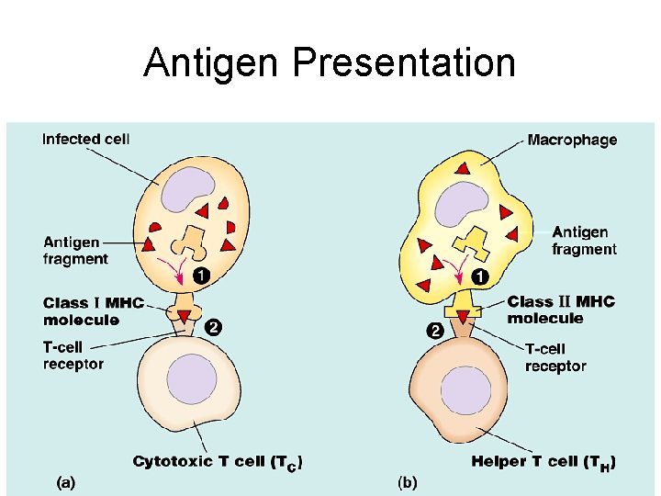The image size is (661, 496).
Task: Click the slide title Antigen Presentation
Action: point(330,62)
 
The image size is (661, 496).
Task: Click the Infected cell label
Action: point(86,140)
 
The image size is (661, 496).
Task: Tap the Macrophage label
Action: point(572,141)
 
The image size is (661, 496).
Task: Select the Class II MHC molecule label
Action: point(561,310)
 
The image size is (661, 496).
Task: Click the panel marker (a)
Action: point(66,480)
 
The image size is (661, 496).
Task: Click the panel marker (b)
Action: point(407,480)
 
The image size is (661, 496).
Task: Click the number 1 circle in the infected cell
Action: point(200,275)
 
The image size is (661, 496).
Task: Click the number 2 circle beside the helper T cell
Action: point(433,330)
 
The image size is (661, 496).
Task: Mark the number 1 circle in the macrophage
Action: point(478,276)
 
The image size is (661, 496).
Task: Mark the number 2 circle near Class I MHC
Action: point(212,327)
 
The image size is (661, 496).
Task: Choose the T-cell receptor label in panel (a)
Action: point(73,355)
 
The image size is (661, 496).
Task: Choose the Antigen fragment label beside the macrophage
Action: point(584,241)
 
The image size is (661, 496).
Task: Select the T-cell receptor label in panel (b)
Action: point(555,357)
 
